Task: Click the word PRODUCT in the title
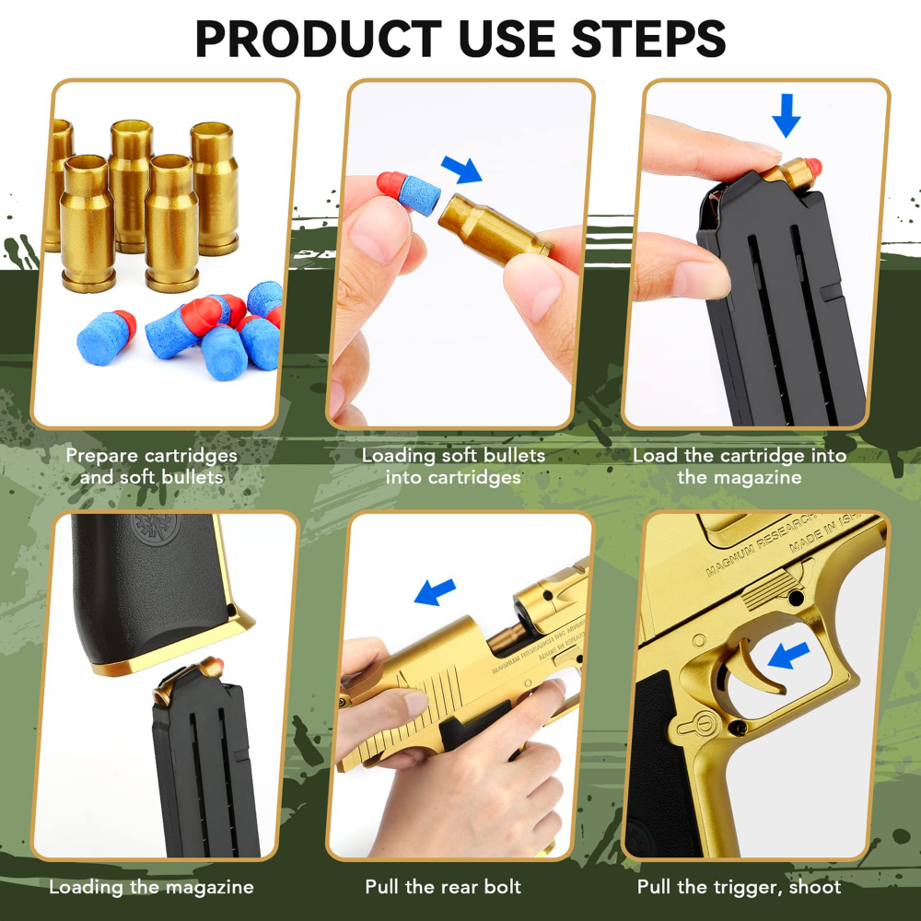pyautogui.click(x=318, y=39)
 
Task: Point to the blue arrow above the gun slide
pyautogui.click(x=435, y=591)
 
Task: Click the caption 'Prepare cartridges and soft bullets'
pyautogui.click(x=151, y=466)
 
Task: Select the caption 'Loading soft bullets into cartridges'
pyautogui.click(x=453, y=466)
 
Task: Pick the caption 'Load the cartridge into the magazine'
pyautogui.click(x=740, y=466)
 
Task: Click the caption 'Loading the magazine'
pyautogui.click(x=151, y=888)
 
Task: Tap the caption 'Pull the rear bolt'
pyautogui.click(x=443, y=888)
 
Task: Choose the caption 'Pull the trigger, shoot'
pyautogui.click(x=739, y=888)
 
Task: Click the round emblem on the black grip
pyautogui.click(x=148, y=533)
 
